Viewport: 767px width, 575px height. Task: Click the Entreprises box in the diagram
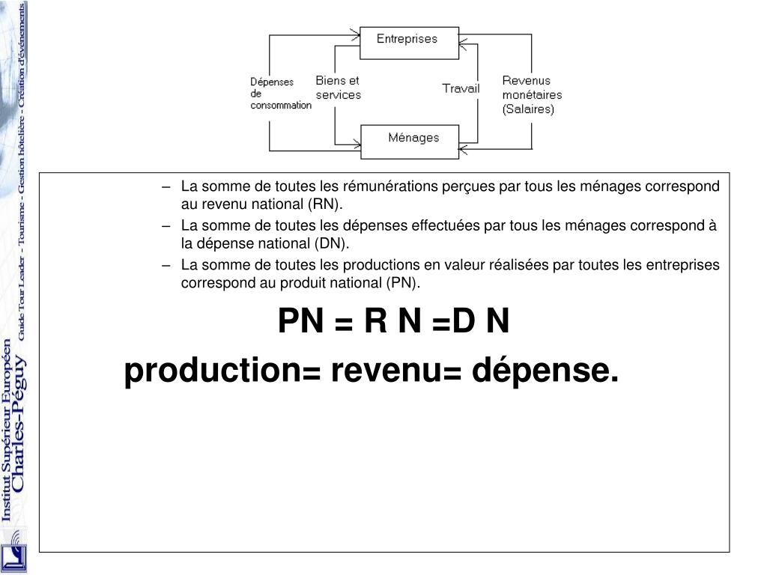[407, 42]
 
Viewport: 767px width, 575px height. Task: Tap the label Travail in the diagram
[461, 88]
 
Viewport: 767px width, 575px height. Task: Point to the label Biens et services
[338, 88]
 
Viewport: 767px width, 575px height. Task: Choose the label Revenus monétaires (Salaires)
[531, 94]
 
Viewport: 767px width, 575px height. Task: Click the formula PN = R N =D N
[393, 323]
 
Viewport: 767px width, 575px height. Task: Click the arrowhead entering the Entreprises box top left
[354, 32]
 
